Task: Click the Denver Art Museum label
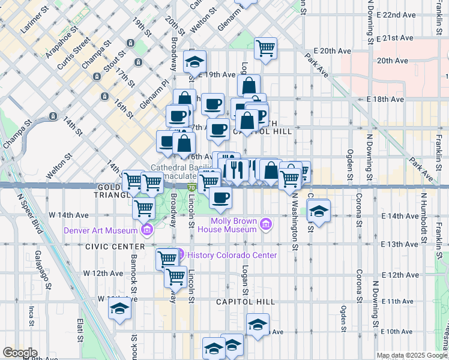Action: pos(100,231)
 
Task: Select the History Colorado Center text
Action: pos(232,255)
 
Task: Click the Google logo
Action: pos(20,353)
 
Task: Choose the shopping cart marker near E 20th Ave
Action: pos(265,48)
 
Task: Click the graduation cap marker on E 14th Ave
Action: pos(319,211)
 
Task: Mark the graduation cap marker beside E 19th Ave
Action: pos(195,62)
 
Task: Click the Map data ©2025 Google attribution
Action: pos(412,355)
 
